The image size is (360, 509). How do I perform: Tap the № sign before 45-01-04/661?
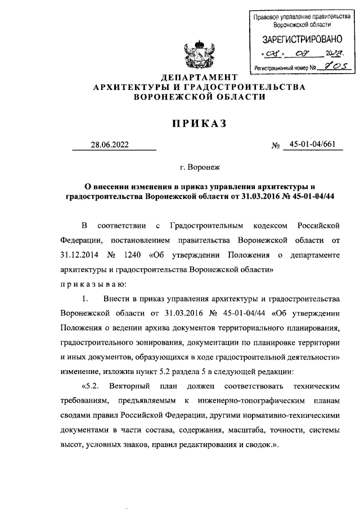pos(276,146)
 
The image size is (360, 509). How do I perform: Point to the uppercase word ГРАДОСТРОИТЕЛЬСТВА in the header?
pos(242,87)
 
